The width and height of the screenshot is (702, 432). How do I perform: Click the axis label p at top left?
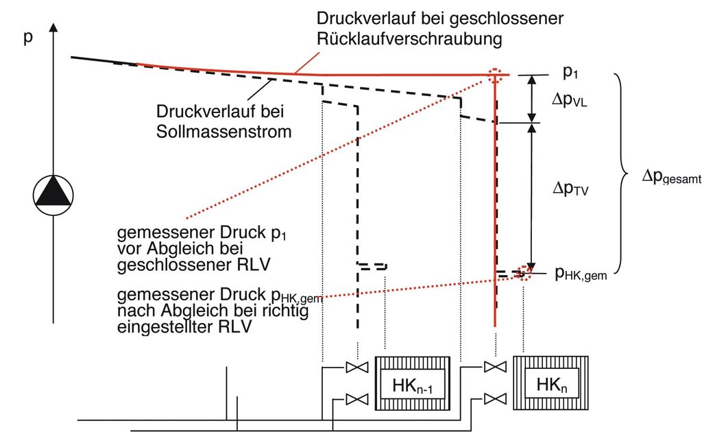tap(28, 38)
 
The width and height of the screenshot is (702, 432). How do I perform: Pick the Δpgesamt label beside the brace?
tap(671, 177)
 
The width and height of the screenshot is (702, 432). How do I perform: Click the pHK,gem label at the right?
tap(581, 275)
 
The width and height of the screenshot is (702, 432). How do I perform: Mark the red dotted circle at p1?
tap(496, 74)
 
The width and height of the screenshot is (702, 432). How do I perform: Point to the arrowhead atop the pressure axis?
tap(53, 28)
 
